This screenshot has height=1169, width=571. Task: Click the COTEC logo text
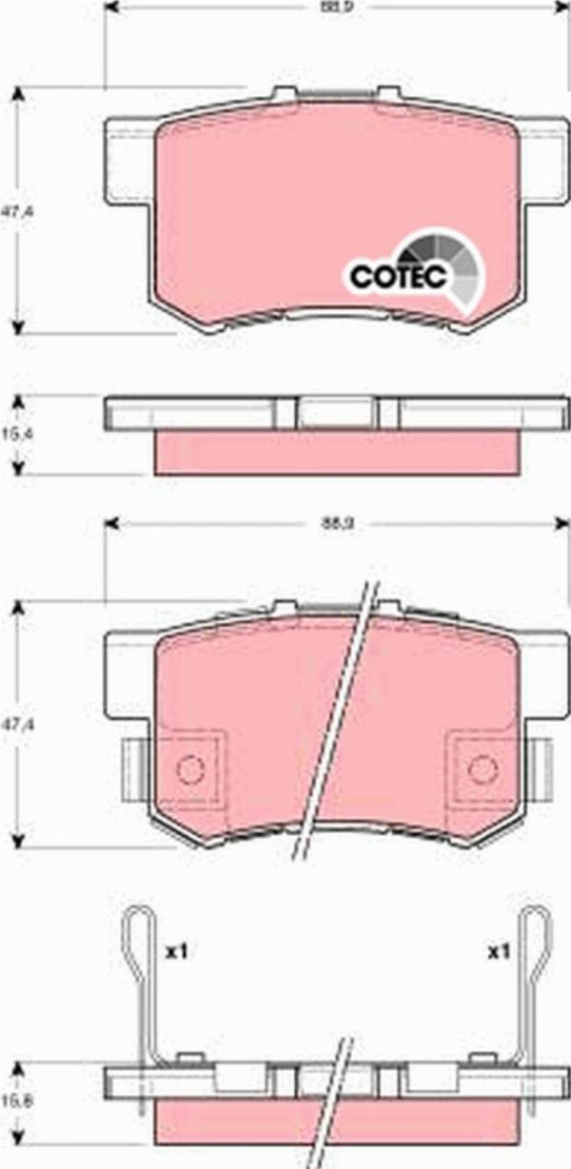coord(398,277)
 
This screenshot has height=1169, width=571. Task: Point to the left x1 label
coord(174,950)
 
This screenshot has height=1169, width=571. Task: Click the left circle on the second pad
coord(191,766)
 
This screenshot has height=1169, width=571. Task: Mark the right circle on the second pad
coord(483,766)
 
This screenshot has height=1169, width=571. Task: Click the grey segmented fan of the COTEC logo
coord(455,263)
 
